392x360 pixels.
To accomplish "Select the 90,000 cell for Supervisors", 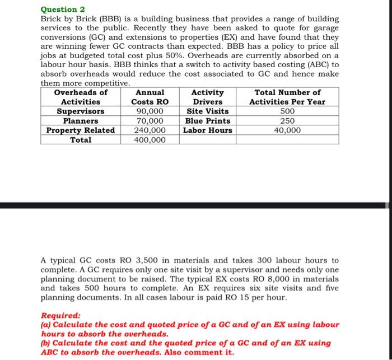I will point(150,111).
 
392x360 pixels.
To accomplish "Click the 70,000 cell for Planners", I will point(150,121).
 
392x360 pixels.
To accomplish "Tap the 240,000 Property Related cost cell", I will point(150,130).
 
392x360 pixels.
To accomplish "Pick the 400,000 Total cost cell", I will point(150,140).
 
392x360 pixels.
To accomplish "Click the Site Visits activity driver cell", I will point(207,111).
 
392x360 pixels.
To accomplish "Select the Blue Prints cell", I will point(207,121).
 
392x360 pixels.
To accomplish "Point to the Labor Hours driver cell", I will point(207,130).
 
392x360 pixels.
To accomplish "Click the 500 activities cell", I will point(287,111).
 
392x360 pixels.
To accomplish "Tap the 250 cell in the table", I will point(287,121).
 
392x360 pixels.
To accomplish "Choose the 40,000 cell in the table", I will point(287,130).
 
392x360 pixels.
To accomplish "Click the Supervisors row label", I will point(81,111).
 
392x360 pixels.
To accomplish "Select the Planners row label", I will point(81,121).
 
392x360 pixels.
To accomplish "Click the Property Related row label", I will point(81,130).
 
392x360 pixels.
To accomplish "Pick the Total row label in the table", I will point(81,140).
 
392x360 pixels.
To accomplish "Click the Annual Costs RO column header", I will point(150,97).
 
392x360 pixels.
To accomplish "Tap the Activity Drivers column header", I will point(207,97).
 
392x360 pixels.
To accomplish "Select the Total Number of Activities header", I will point(287,97).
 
